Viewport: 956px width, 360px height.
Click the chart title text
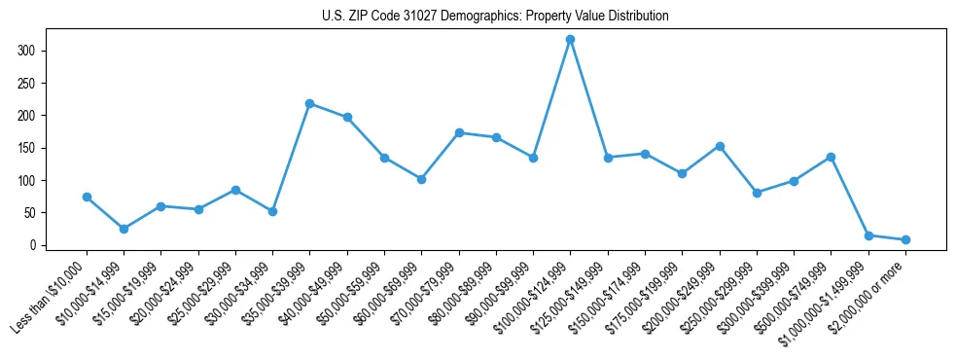click(495, 17)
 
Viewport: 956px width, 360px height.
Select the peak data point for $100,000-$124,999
click(570, 39)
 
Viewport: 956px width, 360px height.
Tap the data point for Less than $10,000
click(87, 197)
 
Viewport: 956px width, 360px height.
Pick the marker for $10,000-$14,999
click(124, 229)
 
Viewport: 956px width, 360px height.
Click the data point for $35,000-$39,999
click(309, 103)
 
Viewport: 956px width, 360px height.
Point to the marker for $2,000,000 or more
click(905, 239)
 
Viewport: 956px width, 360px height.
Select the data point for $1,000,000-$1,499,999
click(868, 235)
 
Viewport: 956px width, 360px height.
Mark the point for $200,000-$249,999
click(720, 146)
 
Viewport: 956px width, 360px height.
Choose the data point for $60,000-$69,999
click(421, 179)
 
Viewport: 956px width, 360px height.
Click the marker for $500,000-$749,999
click(832, 157)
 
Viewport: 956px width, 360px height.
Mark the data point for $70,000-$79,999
click(459, 132)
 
